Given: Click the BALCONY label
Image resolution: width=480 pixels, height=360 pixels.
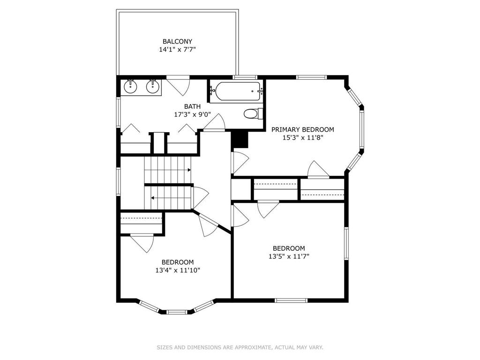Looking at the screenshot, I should [x=177, y=41].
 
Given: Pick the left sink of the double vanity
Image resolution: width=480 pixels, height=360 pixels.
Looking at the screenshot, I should [x=130, y=86].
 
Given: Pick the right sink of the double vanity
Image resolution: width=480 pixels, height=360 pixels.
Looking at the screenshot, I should [x=152, y=86].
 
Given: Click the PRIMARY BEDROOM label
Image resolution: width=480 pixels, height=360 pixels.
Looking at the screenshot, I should [x=303, y=130].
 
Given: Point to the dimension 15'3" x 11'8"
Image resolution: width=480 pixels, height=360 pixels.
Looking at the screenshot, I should [x=303, y=138].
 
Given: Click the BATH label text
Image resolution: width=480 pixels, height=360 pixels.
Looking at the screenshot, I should [x=192, y=106].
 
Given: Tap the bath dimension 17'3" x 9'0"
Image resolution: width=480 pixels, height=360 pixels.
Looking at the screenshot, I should [x=192, y=114].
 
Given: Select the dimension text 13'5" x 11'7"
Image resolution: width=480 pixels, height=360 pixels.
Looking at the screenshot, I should [x=289, y=256].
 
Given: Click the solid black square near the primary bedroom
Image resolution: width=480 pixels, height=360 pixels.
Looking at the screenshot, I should [x=240, y=139].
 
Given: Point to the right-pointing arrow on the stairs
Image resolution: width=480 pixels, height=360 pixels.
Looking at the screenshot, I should [x=189, y=170].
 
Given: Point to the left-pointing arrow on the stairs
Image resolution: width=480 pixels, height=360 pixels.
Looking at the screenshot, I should [x=152, y=198].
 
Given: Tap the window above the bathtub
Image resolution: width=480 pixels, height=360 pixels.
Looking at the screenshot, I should [x=245, y=77].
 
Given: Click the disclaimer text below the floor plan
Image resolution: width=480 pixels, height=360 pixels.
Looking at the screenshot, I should [x=240, y=347].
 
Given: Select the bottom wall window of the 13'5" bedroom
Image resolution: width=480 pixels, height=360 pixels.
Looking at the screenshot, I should [x=291, y=300].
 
